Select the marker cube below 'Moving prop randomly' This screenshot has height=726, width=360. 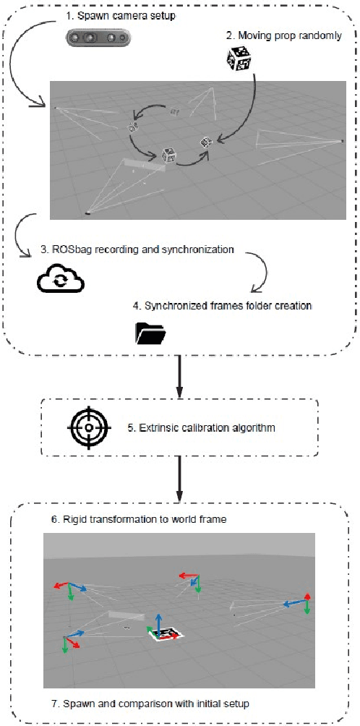[x=239, y=59]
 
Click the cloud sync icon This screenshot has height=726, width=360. [x=61, y=279]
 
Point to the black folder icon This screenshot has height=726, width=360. [x=150, y=333]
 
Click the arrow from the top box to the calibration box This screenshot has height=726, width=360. [x=179, y=376]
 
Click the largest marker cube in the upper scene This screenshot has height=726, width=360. [x=170, y=155]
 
